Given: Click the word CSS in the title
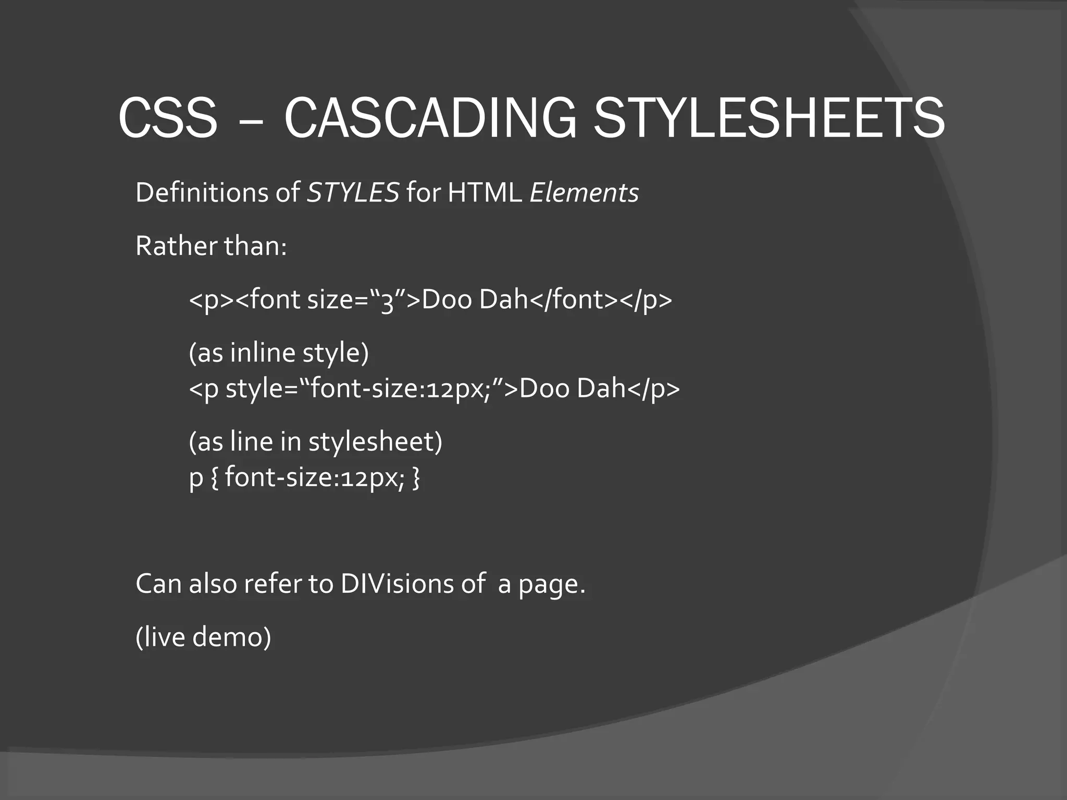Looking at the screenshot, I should [x=167, y=118].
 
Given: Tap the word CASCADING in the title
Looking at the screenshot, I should [x=430, y=118].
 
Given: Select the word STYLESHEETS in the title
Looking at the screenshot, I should [x=769, y=118].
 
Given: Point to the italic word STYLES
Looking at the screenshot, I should [x=353, y=193].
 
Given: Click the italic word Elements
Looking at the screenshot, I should [x=584, y=193].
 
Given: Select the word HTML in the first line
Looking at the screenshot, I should [x=485, y=193].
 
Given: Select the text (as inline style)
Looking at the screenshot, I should [x=279, y=353].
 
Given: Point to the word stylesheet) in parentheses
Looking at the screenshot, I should [x=375, y=442].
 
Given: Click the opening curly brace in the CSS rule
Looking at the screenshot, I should [x=214, y=478].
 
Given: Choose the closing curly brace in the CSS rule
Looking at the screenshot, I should [x=415, y=478].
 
